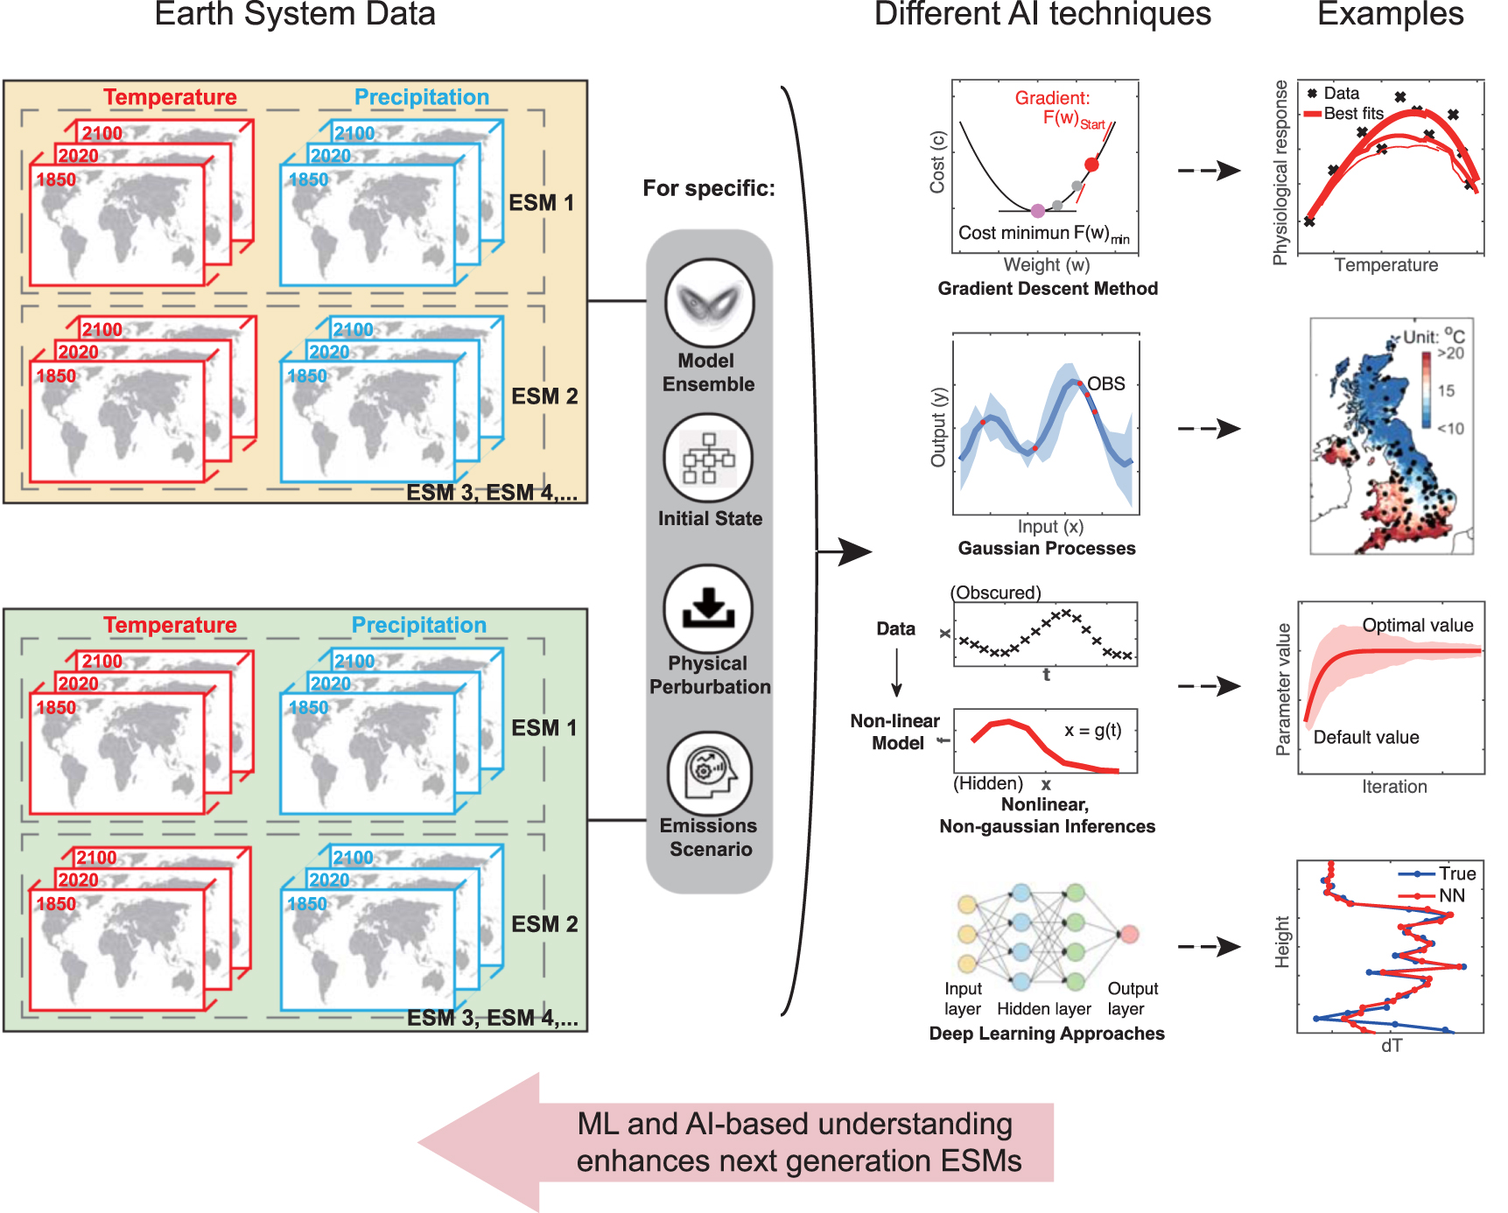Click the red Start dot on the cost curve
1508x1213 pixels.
[1091, 165]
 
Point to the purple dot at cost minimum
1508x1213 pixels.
[1037, 211]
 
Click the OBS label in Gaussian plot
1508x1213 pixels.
[1105, 384]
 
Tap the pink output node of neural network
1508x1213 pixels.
[1129, 934]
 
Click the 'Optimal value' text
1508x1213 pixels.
[1417, 626]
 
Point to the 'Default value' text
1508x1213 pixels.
[1365, 737]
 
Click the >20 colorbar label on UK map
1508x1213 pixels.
[1450, 354]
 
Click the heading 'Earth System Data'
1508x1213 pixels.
[295, 15]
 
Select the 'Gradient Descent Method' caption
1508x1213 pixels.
[1047, 289]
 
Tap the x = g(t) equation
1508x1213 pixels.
[1092, 731]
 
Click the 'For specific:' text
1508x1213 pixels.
[708, 188]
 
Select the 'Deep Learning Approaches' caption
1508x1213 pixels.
[1046, 1034]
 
